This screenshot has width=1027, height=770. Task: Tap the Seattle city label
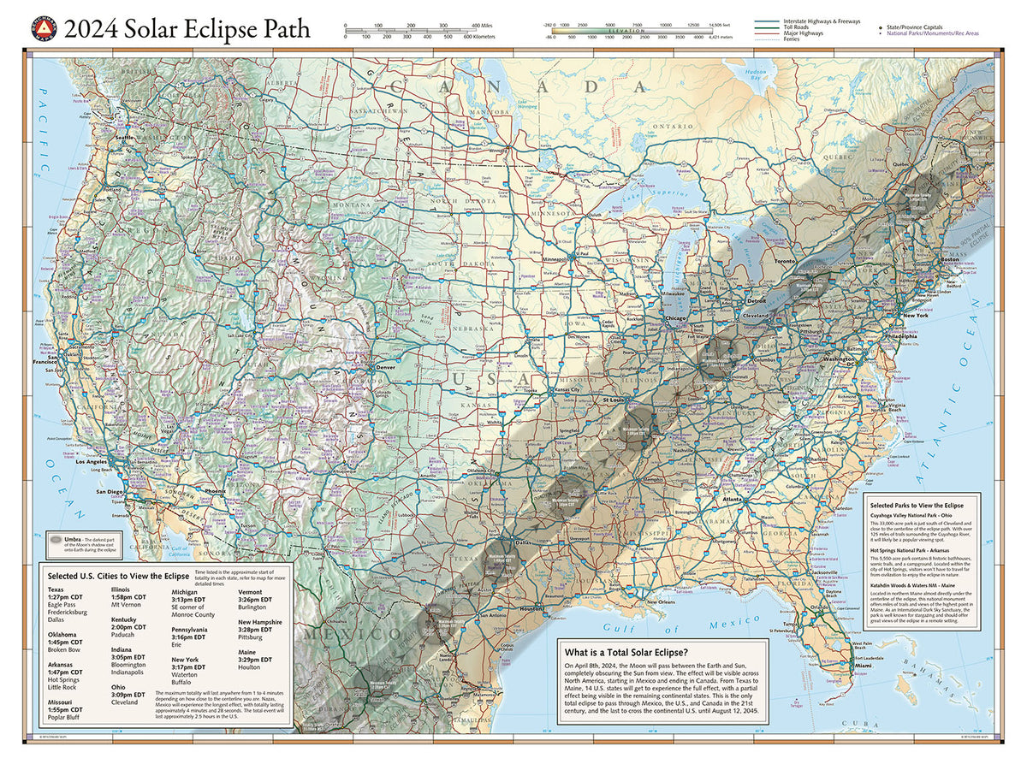tap(126, 138)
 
